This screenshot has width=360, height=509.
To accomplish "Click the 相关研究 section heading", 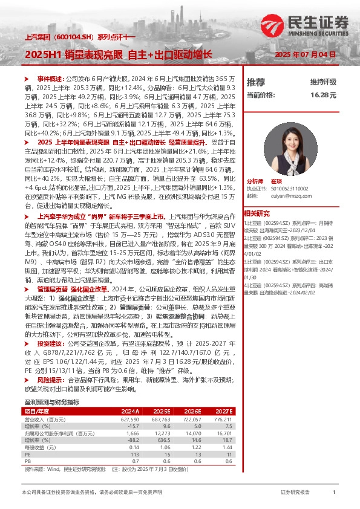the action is (257, 213).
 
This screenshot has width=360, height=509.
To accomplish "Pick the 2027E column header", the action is (224, 412).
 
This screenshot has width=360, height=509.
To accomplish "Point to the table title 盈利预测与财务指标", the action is (51, 402).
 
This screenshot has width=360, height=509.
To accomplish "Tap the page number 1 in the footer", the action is (334, 493).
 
